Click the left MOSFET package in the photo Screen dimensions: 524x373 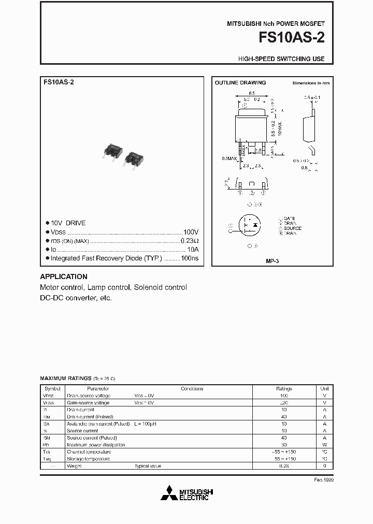point(113,151)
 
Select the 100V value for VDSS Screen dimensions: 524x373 point(191,232)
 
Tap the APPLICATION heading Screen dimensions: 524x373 point(64,276)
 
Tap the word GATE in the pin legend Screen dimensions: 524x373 point(290,219)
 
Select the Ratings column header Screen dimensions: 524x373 point(284,388)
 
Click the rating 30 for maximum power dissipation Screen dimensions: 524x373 point(284,445)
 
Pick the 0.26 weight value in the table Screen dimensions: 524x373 point(284,466)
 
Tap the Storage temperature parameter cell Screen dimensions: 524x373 point(88,459)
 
